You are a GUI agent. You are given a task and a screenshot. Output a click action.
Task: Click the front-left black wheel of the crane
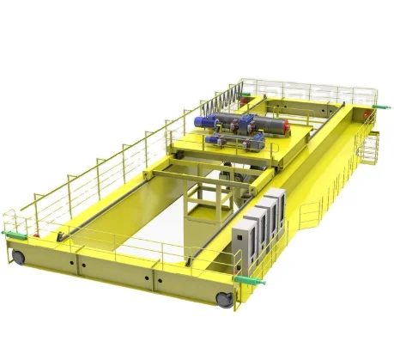pyautogui.click(x=17, y=256)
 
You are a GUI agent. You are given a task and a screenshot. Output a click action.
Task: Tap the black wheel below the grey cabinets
pyautogui.click(x=224, y=298)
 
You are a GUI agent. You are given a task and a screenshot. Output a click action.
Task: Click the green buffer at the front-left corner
pyautogui.click(x=11, y=233)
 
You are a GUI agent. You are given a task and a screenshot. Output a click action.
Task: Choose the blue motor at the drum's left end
pyautogui.click(x=204, y=120)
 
